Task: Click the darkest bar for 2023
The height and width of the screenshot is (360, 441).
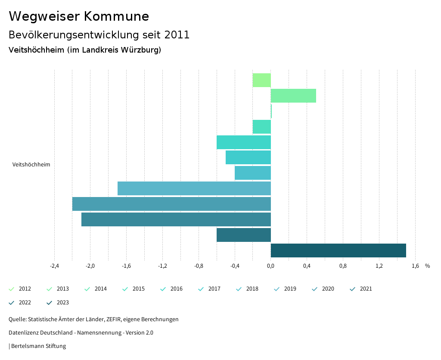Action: (338, 250)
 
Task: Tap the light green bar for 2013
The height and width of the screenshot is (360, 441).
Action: (293, 96)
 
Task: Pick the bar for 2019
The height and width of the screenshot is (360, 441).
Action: (194, 188)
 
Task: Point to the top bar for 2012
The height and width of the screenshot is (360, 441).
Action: (261, 80)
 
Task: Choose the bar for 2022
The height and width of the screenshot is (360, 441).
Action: (243, 235)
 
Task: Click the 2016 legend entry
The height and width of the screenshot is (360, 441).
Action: (176, 289)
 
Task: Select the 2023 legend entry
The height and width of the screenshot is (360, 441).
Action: (62, 303)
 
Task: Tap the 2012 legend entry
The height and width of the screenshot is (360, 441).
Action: (25, 289)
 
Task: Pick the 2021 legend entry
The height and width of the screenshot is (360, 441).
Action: (366, 289)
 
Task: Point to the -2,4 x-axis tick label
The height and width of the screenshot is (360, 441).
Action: (54, 266)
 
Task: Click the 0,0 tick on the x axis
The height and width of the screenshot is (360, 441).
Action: (270, 266)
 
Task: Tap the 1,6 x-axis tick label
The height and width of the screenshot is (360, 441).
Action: (415, 266)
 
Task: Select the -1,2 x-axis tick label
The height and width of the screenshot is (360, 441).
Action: (162, 266)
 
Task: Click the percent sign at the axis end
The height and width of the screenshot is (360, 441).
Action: (427, 266)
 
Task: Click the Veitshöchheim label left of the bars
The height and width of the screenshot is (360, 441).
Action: (31, 164)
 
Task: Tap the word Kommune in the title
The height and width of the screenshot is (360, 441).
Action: (116, 16)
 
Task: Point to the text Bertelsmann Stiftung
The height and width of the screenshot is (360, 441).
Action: (38, 346)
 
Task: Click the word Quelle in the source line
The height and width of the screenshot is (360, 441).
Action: (17, 319)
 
